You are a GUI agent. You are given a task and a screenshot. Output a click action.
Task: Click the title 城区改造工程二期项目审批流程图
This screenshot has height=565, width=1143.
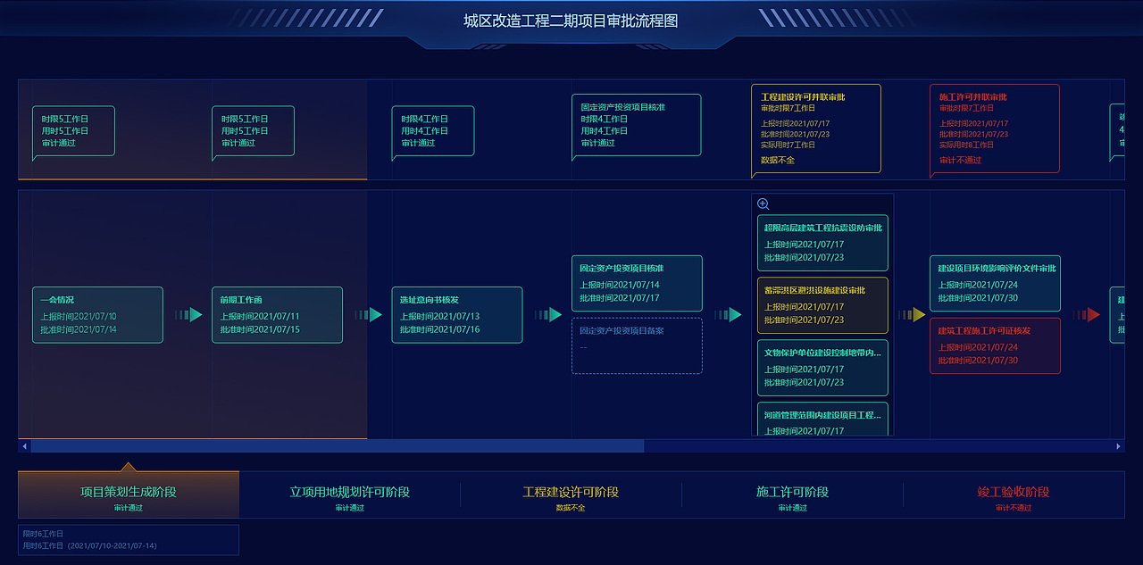(571, 21)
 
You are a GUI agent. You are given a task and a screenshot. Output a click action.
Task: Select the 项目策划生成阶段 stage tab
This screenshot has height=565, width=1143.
(129, 493)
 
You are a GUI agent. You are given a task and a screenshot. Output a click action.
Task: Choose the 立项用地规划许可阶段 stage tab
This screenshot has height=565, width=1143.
(350, 493)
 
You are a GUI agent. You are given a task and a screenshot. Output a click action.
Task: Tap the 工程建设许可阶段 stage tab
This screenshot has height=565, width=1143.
(571, 493)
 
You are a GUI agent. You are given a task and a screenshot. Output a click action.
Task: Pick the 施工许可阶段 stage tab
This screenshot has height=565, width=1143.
(792, 493)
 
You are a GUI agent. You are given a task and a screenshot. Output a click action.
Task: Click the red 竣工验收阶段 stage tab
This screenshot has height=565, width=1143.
(1014, 493)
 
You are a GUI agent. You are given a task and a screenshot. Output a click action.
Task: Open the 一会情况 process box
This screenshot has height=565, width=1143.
(97, 314)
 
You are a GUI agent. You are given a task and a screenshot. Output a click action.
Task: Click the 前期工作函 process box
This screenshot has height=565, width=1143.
(277, 314)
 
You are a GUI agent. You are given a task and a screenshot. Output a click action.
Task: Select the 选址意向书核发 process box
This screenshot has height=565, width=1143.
(456, 314)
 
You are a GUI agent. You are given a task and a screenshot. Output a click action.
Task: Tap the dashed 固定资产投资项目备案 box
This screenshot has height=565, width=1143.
(637, 345)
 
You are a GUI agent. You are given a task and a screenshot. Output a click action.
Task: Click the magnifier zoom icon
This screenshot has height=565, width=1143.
(763, 204)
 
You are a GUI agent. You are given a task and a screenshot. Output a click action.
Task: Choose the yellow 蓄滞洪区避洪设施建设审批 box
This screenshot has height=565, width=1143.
(822, 305)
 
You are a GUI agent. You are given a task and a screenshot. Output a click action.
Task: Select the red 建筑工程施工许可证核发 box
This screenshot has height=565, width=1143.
(995, 345)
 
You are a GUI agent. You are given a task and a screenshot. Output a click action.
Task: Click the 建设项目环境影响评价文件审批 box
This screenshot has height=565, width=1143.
(995, 283)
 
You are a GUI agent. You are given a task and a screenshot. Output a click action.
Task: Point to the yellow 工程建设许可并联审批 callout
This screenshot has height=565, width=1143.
(816, 129)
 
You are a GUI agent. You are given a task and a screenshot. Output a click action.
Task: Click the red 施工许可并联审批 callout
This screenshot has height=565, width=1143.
(995, 129)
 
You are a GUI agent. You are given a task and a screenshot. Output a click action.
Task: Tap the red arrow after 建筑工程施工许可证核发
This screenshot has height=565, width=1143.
(1087, 314)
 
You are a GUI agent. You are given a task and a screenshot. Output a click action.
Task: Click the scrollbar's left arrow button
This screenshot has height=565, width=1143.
(24, 445)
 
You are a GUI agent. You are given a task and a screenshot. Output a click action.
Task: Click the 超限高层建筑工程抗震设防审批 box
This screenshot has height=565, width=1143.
(822, 243)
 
